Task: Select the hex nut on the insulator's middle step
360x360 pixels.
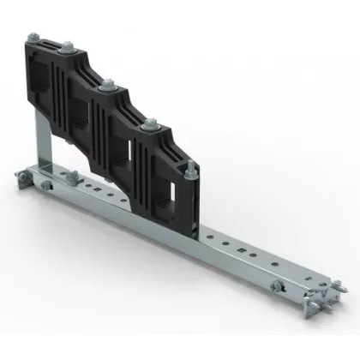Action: click(x=109, y=87)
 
